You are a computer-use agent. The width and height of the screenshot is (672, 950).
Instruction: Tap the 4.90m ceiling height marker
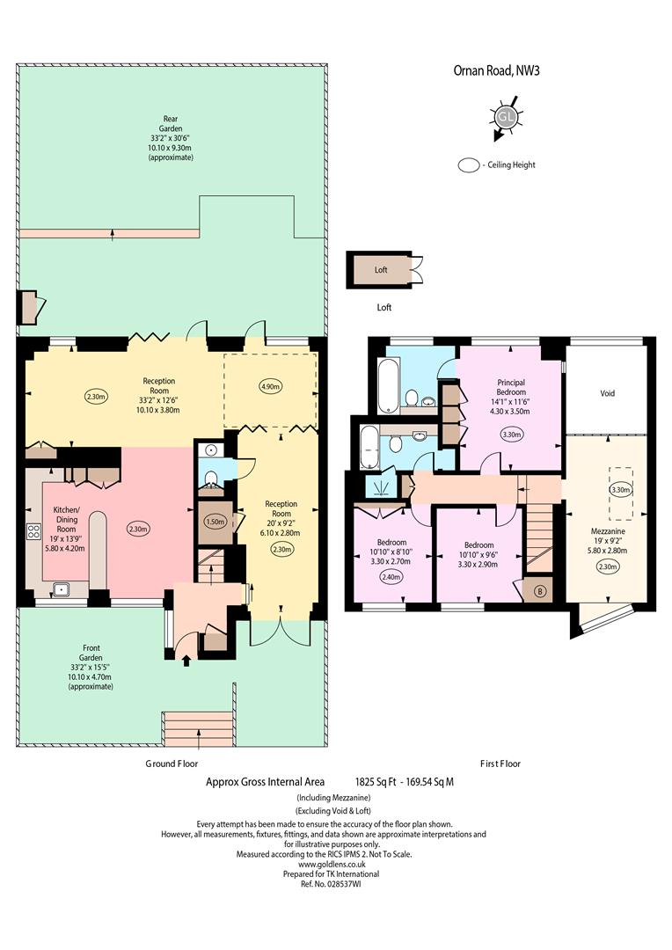click(270, 386)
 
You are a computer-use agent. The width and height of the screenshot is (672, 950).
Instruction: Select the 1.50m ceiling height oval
click(215, 521)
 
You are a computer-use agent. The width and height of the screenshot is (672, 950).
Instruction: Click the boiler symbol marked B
click(541, 591)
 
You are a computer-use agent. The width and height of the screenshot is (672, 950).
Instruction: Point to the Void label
click(607, 393)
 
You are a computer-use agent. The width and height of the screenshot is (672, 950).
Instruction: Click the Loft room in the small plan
click(382, 270)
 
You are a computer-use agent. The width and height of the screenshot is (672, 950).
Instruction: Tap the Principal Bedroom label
click(511, 387)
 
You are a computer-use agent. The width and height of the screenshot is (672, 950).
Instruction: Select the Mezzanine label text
click(608, 531)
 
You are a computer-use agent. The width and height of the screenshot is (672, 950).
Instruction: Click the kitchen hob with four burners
click(33, 532)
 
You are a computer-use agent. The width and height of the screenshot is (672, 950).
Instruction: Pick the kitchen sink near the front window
click(61, 588)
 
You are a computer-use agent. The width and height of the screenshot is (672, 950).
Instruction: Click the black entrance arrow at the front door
click(186, 660)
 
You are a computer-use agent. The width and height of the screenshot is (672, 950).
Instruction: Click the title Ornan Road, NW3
click(496, 70)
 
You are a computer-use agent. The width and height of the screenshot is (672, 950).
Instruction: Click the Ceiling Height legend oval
click(469, 165)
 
